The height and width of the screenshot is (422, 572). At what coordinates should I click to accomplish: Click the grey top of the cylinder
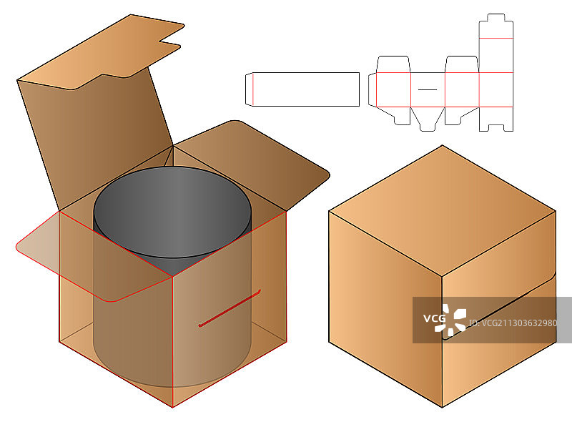coord(172,212)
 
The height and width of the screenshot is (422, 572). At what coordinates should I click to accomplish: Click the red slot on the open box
coord(230,308)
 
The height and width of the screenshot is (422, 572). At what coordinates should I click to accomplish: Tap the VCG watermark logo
coord(445,320)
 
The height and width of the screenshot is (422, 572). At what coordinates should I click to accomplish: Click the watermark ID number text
coord(513,323)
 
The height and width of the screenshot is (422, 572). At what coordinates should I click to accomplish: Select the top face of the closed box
coord(442,210)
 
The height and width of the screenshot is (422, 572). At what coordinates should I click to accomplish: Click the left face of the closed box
coord(385,308)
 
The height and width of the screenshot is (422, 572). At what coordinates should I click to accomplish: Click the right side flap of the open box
coord(252,165)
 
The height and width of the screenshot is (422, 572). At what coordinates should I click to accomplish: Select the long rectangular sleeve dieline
coord(302,89)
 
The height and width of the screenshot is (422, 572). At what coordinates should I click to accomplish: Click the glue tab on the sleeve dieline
coord(249,89)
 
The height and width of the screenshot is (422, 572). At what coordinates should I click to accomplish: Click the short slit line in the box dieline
coord(427,89)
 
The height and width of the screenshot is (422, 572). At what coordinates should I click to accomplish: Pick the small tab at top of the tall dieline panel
coord(496,17)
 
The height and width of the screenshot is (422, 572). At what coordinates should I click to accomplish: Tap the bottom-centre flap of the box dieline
coord(427,119)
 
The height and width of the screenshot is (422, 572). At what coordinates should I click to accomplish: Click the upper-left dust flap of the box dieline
coord(393,64)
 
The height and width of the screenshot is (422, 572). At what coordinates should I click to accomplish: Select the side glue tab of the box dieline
coord(372,89)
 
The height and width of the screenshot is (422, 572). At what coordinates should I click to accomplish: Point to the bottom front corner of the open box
coord(172,408)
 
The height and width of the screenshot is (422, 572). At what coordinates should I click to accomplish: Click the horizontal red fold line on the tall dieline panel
coord(496,38)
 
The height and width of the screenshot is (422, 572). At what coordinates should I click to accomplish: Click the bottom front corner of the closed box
coord(442,408)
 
